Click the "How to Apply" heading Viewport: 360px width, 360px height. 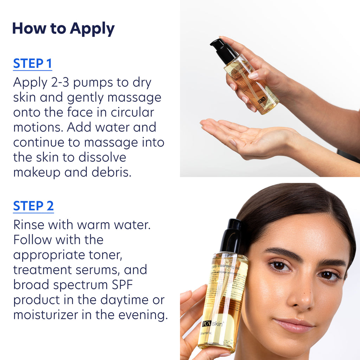63,29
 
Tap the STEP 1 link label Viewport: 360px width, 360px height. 32,64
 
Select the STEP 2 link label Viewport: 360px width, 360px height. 33,206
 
